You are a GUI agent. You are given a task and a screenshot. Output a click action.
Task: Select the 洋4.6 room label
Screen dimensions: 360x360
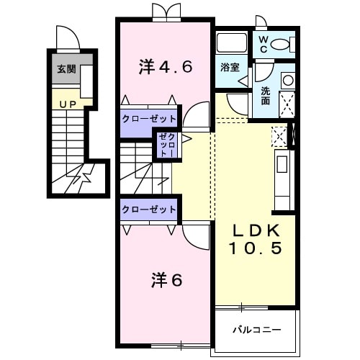[x=165, y=68]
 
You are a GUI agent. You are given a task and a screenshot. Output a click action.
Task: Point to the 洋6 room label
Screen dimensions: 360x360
[x=166, y=279]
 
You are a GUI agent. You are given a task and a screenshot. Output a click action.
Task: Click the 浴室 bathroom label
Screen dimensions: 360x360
[x=230, y=68]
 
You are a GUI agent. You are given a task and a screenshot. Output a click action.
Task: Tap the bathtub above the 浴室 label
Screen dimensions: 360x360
[x=232, y=42]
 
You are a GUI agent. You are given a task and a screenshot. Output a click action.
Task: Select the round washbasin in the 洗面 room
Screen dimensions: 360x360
[x=287, y=81]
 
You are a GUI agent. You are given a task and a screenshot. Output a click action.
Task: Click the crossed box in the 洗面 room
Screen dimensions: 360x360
[x=287, y=104]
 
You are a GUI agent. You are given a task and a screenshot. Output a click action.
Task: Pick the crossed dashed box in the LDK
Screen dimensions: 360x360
[x=278, y=135]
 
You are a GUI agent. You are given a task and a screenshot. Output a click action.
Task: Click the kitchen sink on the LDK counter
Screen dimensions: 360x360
[x=282, y=167]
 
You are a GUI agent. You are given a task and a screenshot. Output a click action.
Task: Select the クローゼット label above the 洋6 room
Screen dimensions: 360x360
[x=148, y=209]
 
